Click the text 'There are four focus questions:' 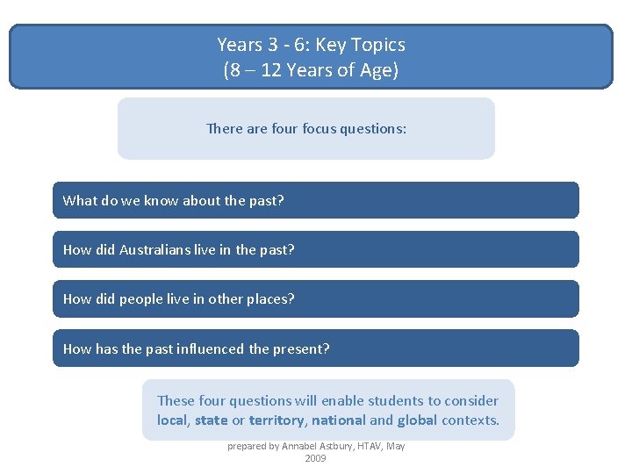click(306, 128)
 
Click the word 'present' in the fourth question click(299, 348)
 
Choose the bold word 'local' click(172, 420)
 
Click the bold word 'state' click(211, 420)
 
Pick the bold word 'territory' click(276, 420)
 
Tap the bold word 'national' click(338, 420)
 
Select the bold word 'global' click(416, 420)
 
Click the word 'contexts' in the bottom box click(470, 420)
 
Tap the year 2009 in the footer click(316, 458)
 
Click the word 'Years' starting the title click(239, 44)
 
